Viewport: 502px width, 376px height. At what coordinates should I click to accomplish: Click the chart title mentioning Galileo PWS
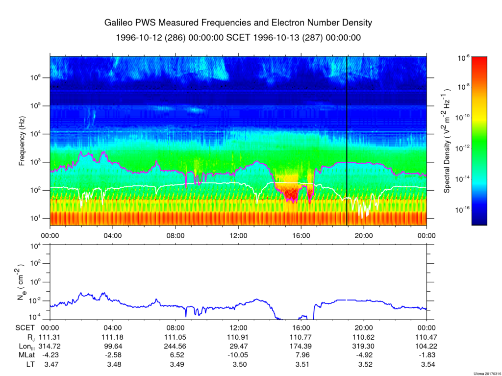238,23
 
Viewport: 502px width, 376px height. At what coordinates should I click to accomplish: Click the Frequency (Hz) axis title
22,144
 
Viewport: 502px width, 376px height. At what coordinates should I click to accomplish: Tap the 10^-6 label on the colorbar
464,58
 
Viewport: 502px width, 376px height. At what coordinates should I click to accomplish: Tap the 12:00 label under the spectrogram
238,234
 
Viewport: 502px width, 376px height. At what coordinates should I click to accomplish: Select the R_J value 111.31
50,338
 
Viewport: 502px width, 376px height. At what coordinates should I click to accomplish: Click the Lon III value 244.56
176,346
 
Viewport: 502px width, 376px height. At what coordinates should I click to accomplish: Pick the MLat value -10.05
238,355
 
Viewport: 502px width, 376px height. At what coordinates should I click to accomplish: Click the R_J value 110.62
364,338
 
